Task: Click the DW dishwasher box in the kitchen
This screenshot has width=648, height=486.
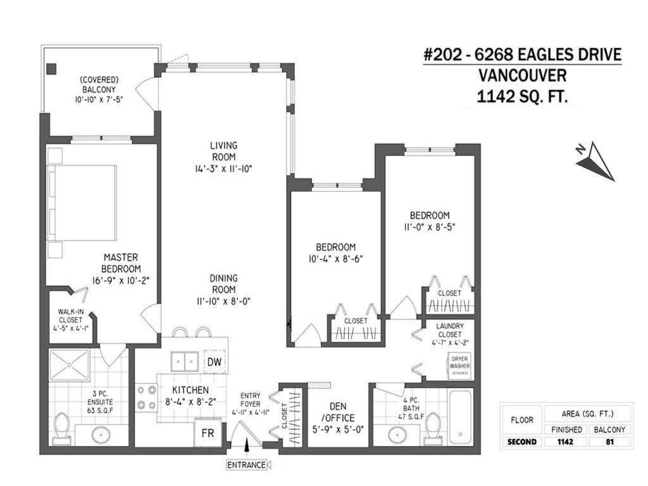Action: [x=215, y=361]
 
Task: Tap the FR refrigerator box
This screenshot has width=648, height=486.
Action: [x=206, y=435]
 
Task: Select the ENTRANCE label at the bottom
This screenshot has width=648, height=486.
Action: [x=247, y=465]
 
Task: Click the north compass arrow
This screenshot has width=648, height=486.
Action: [x=594, y=161]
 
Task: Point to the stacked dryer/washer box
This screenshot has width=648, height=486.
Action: [x=459, y=365]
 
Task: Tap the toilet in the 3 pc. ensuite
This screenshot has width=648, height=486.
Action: [x=62, y=426]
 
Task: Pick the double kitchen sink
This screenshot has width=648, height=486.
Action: [x=185, y=361]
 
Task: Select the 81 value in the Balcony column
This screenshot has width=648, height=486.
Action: [x=611, y=442]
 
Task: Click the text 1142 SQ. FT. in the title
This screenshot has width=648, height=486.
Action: [x=523, y=97]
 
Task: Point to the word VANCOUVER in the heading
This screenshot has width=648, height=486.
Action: [x=523, y=76]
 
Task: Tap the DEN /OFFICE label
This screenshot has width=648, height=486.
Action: [x=337, y=412]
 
